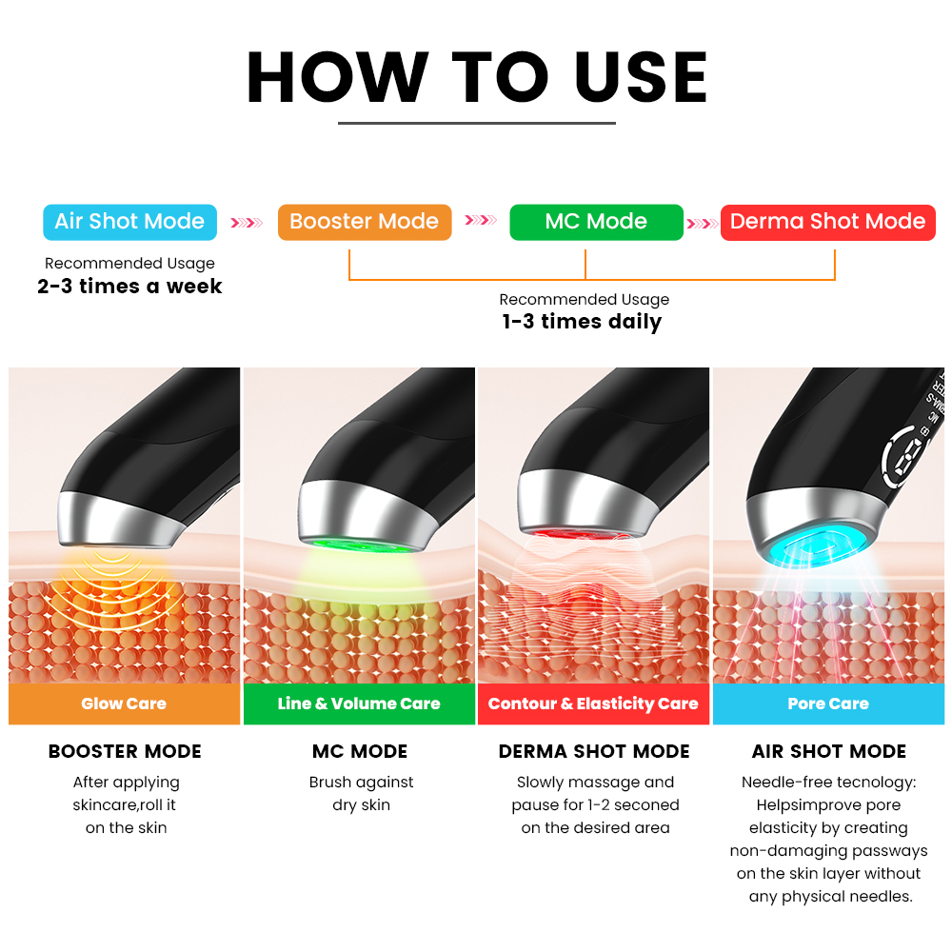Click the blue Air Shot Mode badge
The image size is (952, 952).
(x=129, y=222)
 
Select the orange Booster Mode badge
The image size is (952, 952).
(x=365, y=222)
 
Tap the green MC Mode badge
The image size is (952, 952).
(x=596, y=222)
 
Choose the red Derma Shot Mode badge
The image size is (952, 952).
(x=827, y=222)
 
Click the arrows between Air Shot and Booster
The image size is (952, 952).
(x=247, y=223)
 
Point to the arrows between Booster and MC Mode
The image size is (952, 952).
(x=480, y=219)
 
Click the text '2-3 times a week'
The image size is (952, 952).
(x=129, y=286)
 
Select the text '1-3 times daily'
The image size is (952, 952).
(x=582, y=322)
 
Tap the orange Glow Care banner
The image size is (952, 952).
(x=124, y=704)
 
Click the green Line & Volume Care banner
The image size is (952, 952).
(x=359, y=704)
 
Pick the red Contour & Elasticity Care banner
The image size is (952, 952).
(x=593, y=704)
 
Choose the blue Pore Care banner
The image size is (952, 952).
(x=828, y=704)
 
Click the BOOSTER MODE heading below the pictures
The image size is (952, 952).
(x=125, y=752)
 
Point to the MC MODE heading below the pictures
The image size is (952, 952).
(x=360, y=752)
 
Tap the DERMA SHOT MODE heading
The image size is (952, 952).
(x=594, y=752)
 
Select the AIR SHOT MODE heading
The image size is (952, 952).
(x=829, y=752)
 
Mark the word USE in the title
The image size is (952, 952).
(x=641, y=77)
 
